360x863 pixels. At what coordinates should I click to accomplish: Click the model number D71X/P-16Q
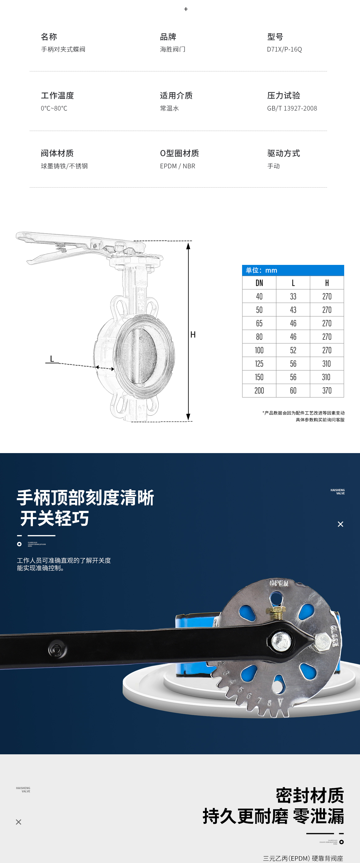[284, 49]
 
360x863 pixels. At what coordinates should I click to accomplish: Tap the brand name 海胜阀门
[173, 49]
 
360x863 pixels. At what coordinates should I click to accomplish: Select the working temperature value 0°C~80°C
[54, 108]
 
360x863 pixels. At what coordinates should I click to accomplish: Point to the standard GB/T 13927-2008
[292, 108]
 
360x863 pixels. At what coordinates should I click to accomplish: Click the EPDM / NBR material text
[178, 166]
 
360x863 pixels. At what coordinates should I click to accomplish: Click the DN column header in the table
[259, 283]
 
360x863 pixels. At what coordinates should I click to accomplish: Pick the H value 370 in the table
[327, 391]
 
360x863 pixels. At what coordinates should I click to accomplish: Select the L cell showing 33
[293, 297]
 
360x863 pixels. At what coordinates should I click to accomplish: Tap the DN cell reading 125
[259, 364]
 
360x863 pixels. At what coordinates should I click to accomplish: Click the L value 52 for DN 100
[293, 350]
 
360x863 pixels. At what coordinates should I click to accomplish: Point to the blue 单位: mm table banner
[293, 270]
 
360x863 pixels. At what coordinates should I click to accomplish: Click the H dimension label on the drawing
[193, 335]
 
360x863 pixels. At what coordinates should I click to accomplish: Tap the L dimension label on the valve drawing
[52, 359]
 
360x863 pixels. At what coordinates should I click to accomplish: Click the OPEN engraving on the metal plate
[279, 583]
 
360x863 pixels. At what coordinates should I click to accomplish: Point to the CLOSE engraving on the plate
[335, 636]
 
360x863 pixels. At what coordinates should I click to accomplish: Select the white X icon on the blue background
[340, 524]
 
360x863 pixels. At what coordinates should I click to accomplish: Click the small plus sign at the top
[186, 9]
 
